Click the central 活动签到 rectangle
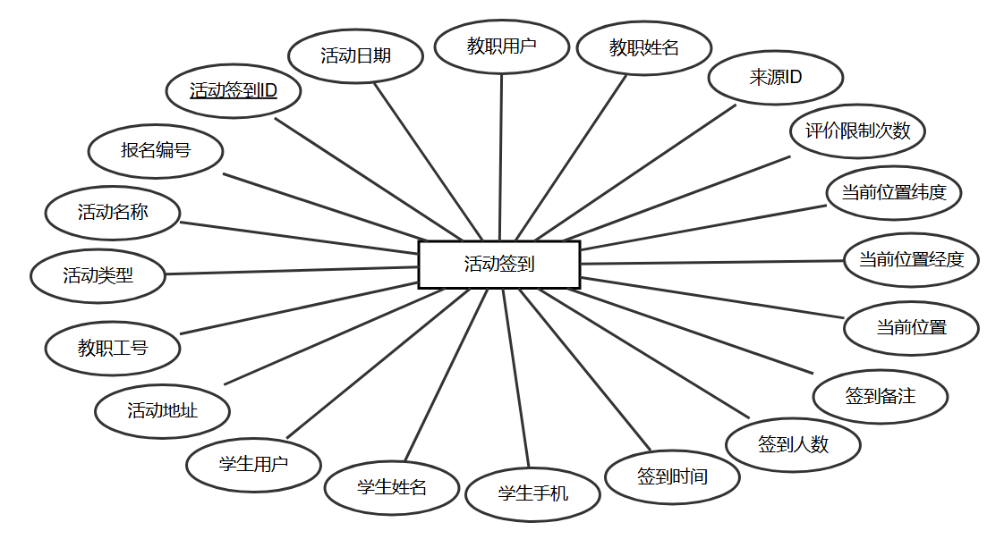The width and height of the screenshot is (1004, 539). pyautogui.click(x=498, y=265)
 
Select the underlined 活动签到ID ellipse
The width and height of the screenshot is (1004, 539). pyautogui.click(x=234, y=90)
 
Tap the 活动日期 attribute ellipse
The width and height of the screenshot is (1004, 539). pyautogui.click(x=355, y=55)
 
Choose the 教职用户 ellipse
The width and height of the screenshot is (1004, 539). pyautogui.click(x=501, y=46)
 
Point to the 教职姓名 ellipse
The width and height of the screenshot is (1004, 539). pyautogui.click(x=644, y=48)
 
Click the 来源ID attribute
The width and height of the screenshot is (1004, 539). pyautogui.click(x=775, y=78)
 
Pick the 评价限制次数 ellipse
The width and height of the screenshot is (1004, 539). pyautogui.click(x=857, y=131)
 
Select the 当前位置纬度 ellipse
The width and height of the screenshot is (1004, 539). pyautogui.click(x=893, y=192)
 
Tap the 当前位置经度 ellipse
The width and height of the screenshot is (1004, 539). pyautogui.click(x=911, y=260)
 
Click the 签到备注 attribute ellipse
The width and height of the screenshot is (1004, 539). pyautogui.click(x=880, y=396)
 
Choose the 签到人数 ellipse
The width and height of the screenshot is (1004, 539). pyautogui.click(x=793, y=444)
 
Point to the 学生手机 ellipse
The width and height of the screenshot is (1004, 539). pyautogui.click(x=532, y=493)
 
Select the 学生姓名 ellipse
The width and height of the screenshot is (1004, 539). pyautogui.click(x=392, y=488)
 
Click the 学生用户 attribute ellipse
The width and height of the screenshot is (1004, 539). pyautogui.click(x=253, y=465)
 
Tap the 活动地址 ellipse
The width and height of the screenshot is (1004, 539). pyautogui.click(x=162, y=411)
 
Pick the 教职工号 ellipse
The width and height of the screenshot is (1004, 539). pyautogui.click(x=113, y=349)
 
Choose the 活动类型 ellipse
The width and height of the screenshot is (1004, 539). pyautogui.click(x=98, y=275)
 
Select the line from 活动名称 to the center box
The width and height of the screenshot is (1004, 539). pyautogui.click(x=300, y=236)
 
